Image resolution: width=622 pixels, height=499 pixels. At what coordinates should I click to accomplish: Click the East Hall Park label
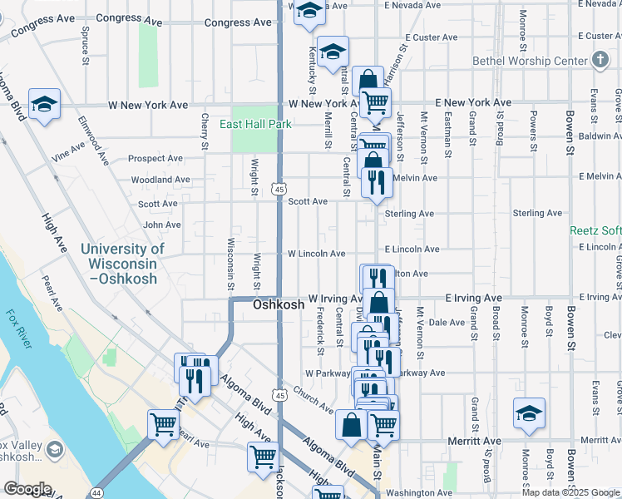point(256,124)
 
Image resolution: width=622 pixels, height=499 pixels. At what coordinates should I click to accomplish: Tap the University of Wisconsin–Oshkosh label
point(123,263)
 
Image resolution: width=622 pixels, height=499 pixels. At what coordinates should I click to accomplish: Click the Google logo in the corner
point(27,489)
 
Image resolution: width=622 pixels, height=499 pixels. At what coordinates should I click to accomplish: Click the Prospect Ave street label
point(155,158)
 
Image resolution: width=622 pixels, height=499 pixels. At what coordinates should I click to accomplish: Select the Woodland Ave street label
point(160,180)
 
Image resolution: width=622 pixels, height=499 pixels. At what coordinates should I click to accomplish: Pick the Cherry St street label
point(205,132)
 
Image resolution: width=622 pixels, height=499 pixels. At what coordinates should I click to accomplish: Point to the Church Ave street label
point(313,399)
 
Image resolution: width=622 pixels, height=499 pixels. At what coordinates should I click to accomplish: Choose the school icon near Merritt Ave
point(530,413)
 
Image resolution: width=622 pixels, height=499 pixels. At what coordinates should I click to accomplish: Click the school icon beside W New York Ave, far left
point(44,103)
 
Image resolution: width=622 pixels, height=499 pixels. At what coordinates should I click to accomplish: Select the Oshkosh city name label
point(279,305)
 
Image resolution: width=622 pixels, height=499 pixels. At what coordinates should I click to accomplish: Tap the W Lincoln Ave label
point(316,254)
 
